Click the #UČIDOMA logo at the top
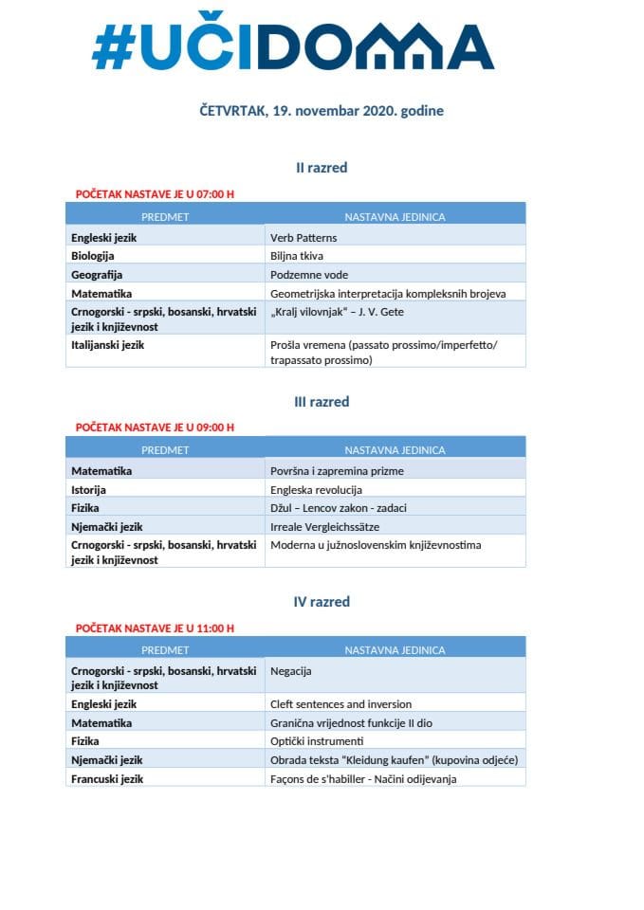pos(293,45)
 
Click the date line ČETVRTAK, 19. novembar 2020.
pos(322,111)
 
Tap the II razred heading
pos(322,168)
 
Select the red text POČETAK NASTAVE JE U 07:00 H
pos(155,194)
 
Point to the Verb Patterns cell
pos(304,238)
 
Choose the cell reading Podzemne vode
pos(310,275)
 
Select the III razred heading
pos(322,402)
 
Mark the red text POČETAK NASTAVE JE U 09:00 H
pos(155,428)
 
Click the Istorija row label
pos(89,490)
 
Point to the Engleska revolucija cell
pos(317,490)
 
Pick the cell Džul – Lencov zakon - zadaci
pos(338,508)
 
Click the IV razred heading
pos(322,602)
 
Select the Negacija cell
pos(291,671)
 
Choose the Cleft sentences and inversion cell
pos(341,704)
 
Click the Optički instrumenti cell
pos(317,741)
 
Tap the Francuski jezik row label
pos(107,778)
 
